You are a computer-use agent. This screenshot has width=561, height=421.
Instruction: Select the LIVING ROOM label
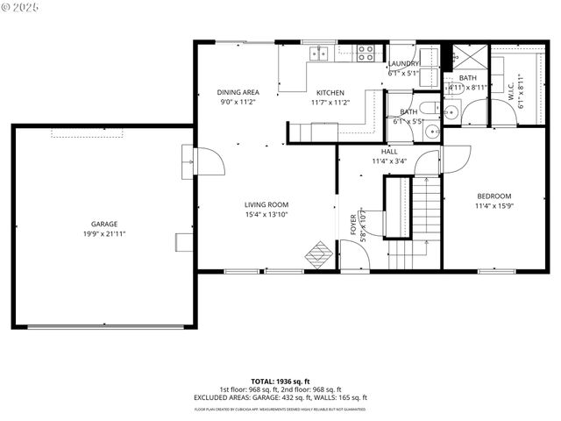[x=266, y=204]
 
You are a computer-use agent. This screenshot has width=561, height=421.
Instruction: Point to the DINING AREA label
[x=238, y=92]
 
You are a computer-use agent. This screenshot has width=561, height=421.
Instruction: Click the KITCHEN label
[x=330, y=92]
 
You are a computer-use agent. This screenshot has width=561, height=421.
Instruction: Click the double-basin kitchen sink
[x=319, y=53]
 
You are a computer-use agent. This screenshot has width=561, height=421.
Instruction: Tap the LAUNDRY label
[x=404, y=64]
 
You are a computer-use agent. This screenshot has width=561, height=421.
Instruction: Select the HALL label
[x=389, y=152]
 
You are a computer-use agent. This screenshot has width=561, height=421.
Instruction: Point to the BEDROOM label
[x=494, y=196]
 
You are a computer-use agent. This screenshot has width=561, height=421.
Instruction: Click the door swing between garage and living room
[x=203, y=161]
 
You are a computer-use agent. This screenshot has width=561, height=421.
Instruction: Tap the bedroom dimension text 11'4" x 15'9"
[x=494, y=206]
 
